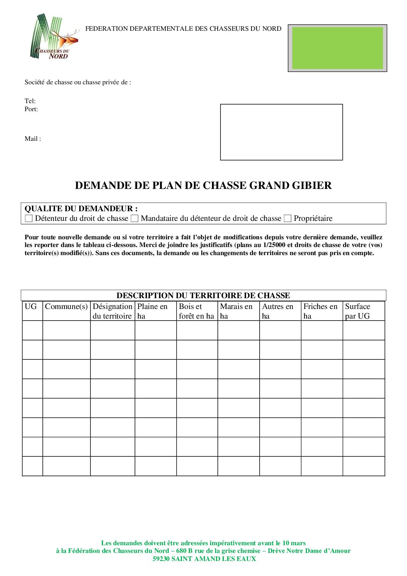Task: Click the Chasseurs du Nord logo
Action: click(x=54, y=37)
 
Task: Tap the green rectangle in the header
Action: click(x=337, y=48)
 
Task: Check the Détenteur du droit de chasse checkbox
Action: click(x=28, y=219)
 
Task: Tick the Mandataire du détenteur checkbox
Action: click(x=134, y=219)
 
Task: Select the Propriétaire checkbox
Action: click(x=287, y=219)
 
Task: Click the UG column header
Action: click(x=31, y=307)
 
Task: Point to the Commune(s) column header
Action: click(x=66, y=307)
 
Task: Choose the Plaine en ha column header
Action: click(x=152, y=311)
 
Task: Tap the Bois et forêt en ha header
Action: click(x=196, y=311)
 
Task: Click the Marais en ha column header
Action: click(x=236, y=311)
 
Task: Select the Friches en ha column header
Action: click(x=320, y=311)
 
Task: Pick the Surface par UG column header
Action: click(x=357, y=311)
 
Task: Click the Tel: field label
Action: click(x=30, y=101)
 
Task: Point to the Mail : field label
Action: click(x=33, y=139)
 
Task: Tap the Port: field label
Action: click(x=31, y=109)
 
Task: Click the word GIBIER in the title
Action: click(x=312, y=185)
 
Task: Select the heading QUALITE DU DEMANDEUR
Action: click(x=81, y=209)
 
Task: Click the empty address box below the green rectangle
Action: click(x=281, y=132)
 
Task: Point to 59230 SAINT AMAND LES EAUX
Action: click(x=204, y=559)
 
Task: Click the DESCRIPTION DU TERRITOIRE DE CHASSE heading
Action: click(x=203, y=296)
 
